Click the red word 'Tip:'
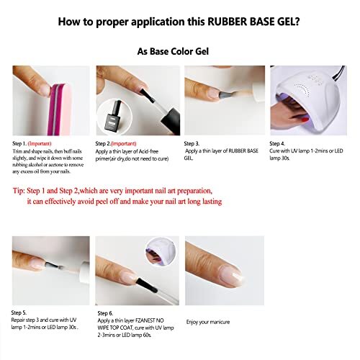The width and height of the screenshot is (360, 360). (22, 191)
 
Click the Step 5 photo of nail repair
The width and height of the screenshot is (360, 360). (50, 270)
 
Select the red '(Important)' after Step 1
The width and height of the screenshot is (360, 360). (49, 143)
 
